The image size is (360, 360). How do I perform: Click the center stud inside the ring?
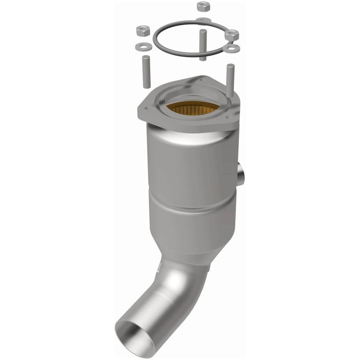point(202,45)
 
